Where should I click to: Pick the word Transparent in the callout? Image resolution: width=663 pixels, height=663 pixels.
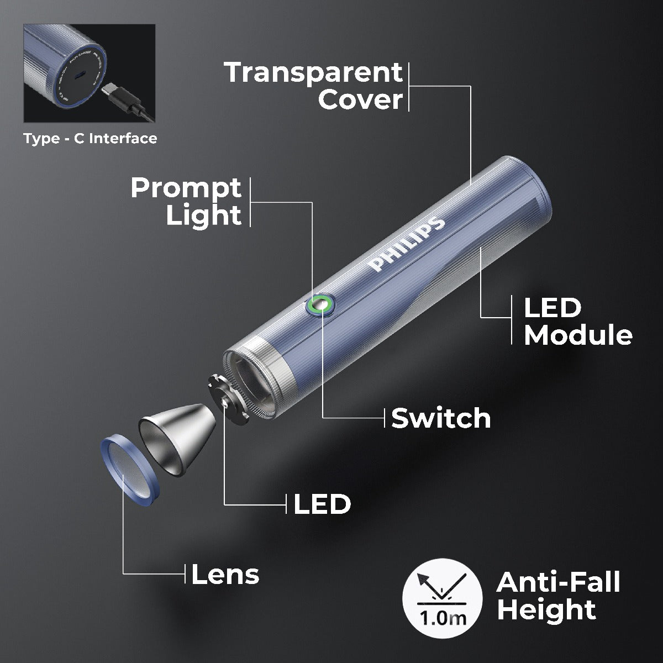coord(313,72)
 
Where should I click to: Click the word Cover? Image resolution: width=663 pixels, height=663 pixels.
coord(360,100)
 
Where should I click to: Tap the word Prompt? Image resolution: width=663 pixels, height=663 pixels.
coord(186,188)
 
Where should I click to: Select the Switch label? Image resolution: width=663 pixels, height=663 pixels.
coord(441,418)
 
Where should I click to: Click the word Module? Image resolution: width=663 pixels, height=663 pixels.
coord(578,335)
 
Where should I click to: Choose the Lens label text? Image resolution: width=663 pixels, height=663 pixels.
coord(225,575)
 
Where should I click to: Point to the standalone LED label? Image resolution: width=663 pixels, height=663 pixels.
coord(322,504)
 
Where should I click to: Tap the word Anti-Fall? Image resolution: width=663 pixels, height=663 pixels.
coord(558,582)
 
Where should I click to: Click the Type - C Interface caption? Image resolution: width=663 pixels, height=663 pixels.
coord(90,138)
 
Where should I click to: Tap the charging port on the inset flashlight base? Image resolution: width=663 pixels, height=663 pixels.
coord(81,74)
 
